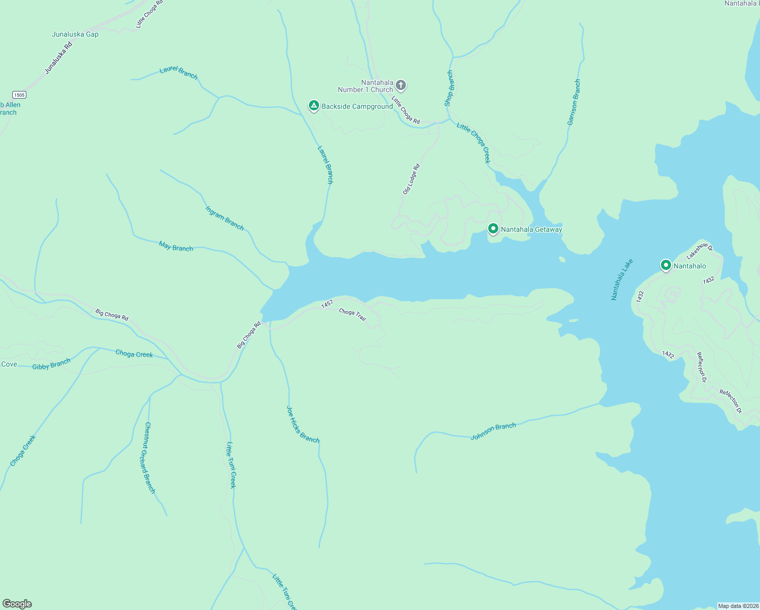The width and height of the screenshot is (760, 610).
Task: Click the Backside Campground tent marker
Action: (x=314, y=106)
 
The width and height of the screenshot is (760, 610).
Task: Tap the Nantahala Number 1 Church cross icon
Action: (x=401, y=85)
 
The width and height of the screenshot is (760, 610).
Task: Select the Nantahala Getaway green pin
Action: (x=493, y=229)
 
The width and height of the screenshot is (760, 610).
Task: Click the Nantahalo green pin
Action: (x=666, y=265)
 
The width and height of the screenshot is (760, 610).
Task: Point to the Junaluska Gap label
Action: (x=75, y=35)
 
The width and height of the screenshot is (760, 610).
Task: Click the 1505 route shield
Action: (x=19, y=95)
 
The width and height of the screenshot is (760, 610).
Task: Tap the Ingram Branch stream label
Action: (x=225, y=218)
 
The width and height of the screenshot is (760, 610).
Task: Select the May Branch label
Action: (x=176, y=247)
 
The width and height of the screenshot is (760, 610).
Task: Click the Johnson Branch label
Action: (x=493, y=432)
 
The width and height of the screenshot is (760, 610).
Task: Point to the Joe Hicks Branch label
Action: (x=303, y=424)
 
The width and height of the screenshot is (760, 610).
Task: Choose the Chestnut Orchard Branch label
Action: (x=149, y=457)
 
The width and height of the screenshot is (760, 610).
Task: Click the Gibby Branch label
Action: (x=51, y=364)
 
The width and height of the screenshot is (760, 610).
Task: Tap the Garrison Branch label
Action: (x=574, y=102)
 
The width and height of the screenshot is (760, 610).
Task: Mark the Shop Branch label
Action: (x=449, y=88)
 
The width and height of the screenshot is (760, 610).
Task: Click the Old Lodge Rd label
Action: (x=411, y=179)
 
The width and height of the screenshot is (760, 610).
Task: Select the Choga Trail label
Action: (x=352, y=315)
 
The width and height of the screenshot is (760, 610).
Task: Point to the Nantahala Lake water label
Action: (x=622, y=280)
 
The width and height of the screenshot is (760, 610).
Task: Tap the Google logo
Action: (x=17, y=604)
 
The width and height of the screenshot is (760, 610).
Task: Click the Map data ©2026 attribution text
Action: (x=738, y=606)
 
